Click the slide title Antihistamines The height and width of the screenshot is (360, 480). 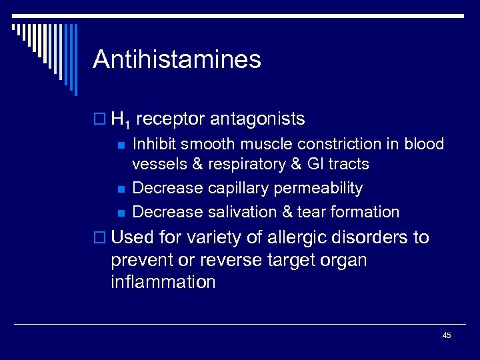(177, 60)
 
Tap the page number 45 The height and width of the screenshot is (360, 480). (447, 335)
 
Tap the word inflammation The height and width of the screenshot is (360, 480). (164, 282)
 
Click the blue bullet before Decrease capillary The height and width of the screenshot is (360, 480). (121, 190)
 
